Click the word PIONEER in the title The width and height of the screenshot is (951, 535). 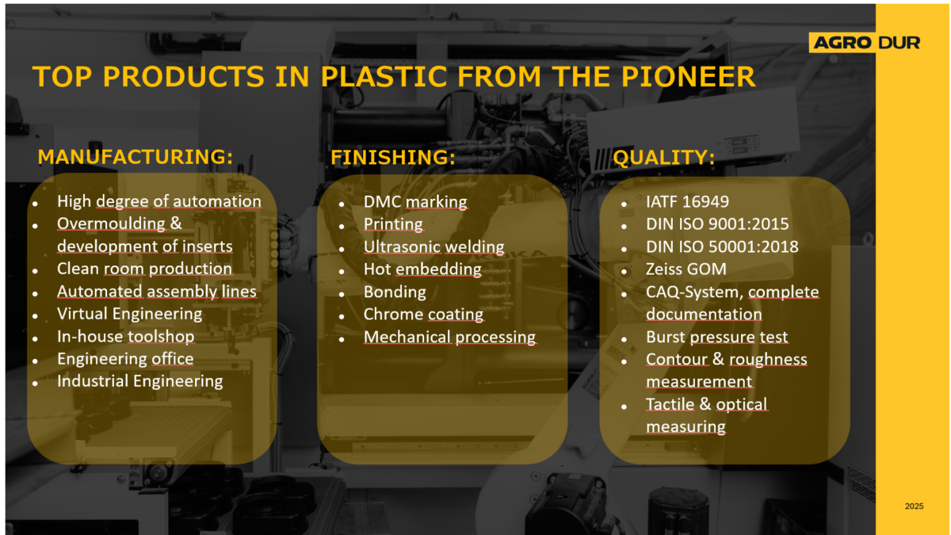click(688, 77)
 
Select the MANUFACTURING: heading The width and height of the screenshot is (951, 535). click(136, 157)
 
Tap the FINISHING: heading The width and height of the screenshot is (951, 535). click(393, 157)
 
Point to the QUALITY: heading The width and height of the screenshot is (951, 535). click(664, 158)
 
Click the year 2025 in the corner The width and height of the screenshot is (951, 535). click(914, 506)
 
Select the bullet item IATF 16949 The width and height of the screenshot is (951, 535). click(687, 201)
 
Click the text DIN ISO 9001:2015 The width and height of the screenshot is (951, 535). click(717, 224)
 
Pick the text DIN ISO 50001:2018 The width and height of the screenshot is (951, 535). click(722, 246)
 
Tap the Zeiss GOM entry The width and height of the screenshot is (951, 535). click(686, 269)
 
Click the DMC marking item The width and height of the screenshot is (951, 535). click(415, 201)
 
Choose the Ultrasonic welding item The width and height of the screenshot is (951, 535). click(434, 246)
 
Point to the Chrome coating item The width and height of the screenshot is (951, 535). click(423, 314)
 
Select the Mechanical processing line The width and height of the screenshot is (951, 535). click(449, 337)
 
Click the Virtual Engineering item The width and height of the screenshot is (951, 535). click(129, 314)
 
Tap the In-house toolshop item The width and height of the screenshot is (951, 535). click(126, 336)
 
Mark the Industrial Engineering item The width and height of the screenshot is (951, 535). click(139, 381)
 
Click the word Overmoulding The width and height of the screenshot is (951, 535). click(111, 224)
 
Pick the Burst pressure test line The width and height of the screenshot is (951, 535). click(716, 337)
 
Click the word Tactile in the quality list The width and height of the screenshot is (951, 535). click(670, 404)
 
